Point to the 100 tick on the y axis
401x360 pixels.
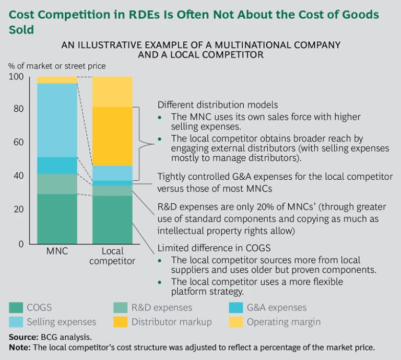coord(17,77)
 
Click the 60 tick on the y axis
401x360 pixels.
coord(19,142)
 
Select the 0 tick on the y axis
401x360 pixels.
coord(21,244)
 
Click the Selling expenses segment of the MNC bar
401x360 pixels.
coord(56,120)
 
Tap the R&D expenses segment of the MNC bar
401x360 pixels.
coord(56,184)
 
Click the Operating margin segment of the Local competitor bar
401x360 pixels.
coord(112,91)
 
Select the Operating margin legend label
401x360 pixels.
coord(284,322)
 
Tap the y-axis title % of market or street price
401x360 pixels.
coord(56,66)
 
